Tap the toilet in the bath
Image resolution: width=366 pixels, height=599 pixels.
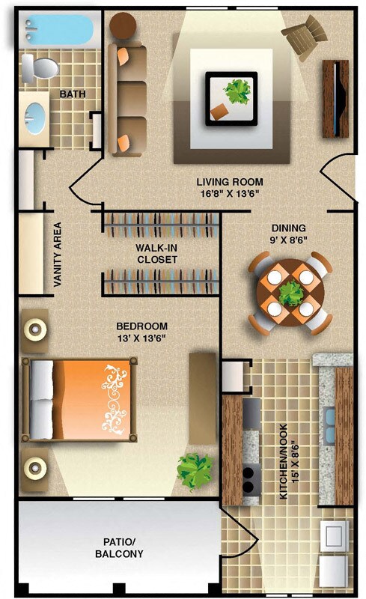[x=39, y=70]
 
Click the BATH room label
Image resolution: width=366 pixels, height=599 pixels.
[x=73, y=94]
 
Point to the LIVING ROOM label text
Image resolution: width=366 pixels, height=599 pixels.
[x=230, y=182]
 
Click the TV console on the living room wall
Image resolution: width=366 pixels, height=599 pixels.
[x=336, y=97]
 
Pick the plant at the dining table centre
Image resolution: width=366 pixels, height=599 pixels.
[x=290, y=293]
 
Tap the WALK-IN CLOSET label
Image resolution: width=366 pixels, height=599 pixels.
[x=156, y=254]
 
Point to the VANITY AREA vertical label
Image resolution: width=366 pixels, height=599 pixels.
[x=58, y=255]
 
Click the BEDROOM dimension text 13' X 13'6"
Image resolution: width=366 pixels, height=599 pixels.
[x=141, y=338]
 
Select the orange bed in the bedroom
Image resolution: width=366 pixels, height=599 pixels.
[x=82, y=399]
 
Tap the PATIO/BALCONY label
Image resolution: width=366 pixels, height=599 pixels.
[x=119, y=548]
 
